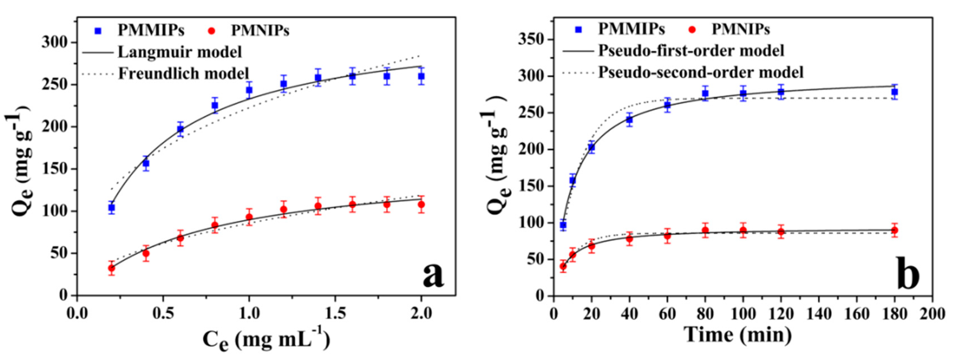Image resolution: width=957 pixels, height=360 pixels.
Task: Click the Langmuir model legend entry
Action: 180,52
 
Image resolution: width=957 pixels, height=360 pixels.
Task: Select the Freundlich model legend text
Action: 183,73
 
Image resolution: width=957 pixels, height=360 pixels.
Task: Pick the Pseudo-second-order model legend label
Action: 701,72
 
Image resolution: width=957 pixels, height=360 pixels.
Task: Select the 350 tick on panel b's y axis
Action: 531,40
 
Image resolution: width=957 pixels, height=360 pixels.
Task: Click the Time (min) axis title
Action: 738,335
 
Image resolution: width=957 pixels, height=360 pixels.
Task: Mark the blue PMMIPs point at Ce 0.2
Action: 111,208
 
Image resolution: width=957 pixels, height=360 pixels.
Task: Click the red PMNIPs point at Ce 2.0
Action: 421,204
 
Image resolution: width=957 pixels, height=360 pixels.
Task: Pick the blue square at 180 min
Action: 894,92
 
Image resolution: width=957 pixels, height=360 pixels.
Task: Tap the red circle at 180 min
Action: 894,230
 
